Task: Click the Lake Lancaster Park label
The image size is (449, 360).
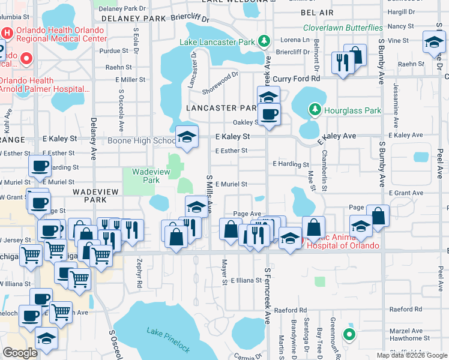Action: [218, 41]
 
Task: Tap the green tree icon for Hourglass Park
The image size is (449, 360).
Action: [314, 109]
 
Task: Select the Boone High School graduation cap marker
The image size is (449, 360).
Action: [187, 137]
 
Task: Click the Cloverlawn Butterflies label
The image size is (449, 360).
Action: [343, 28]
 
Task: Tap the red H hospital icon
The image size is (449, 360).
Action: [7, 34]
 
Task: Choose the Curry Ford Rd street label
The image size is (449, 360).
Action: [297, 79]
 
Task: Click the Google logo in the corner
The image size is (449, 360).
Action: [20, 353]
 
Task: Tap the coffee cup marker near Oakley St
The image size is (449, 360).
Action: [269, 114]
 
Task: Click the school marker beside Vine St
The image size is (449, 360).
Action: [433, 43]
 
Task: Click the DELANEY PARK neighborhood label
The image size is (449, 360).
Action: [134, 19]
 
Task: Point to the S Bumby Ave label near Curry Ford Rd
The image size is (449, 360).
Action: [381, 63]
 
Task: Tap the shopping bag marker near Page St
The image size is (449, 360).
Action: [378, 217]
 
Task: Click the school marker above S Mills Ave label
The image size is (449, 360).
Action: [196, 208]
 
